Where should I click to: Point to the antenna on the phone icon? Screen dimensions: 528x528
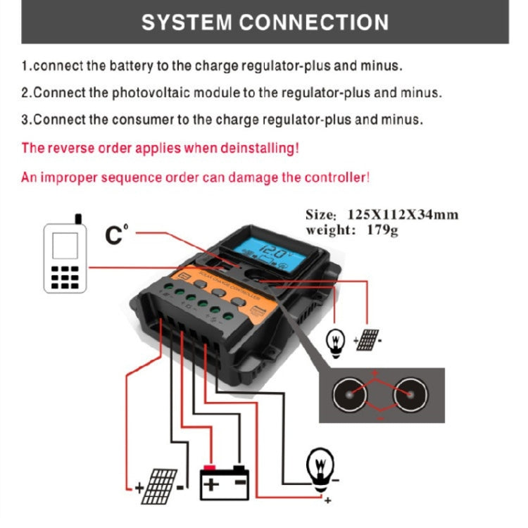pyautogui.click(x=77, y=218)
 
